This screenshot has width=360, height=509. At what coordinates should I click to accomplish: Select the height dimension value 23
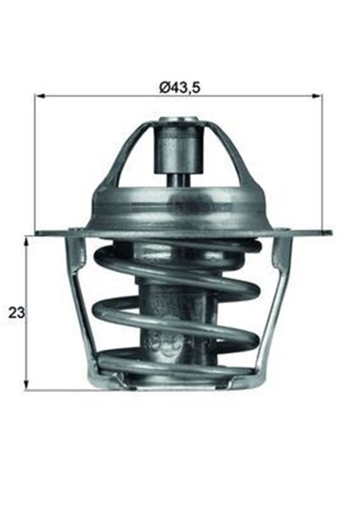13,313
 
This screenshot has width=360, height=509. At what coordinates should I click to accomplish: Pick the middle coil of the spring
179,310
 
